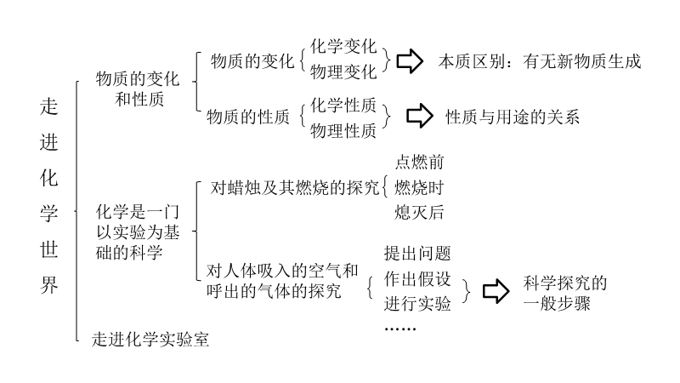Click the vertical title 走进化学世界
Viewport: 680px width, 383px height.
coord(50,195)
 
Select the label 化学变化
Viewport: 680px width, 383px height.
coord(343,45)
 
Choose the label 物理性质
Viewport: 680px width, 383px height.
coord(343,130)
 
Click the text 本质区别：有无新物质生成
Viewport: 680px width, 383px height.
coord(539,61)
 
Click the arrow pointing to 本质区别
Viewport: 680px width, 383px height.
coord(411,60)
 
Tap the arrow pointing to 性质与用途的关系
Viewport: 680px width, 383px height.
coord(419,117)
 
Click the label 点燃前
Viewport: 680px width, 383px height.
coord(419,162)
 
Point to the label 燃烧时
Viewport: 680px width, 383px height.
coord(419,187)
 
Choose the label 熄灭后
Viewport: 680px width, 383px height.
coord(419,213)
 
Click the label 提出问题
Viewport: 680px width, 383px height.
coord(417,254)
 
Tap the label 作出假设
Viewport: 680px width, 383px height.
coord(417,279)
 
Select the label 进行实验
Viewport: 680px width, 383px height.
coord(417,304)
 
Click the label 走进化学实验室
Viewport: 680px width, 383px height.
coord(150,340)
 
